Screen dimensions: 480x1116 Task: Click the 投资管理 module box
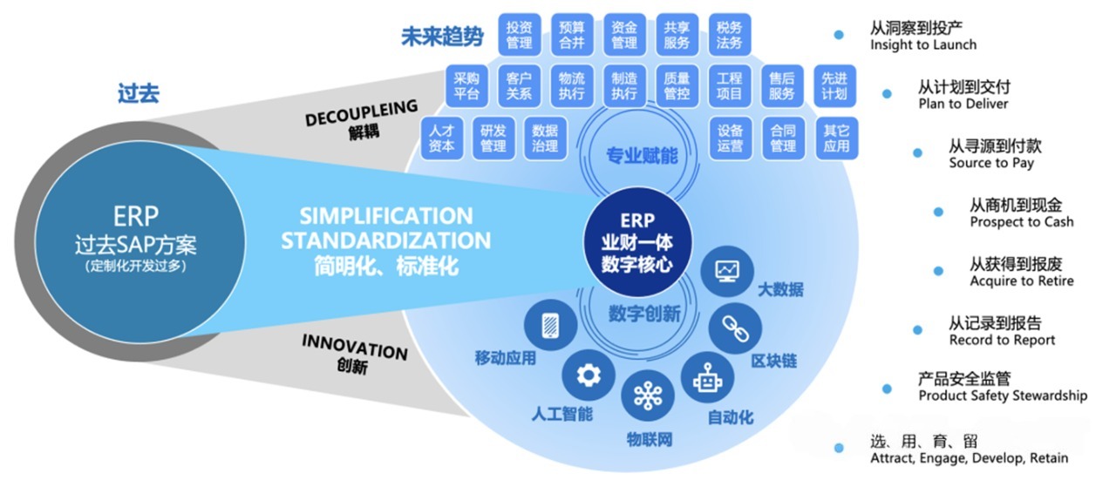(x=520, y=34)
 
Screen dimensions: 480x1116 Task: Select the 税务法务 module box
(x=729, y=34)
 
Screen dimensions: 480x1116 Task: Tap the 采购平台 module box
(x=466, y=85)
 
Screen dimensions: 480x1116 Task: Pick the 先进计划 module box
(x=834, y=85)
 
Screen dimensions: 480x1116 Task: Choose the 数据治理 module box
(x=545, y=138)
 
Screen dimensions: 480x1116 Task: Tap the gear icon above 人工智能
(x=589, y=375)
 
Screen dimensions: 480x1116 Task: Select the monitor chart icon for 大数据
(x=727, y=270)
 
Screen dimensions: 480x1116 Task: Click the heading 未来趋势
(x=441, y=37)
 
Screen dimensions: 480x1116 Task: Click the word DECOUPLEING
(x=362, y=118)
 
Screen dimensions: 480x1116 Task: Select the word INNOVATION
(x=355, y=346)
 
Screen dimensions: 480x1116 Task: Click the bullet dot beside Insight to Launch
(x=839, y=35)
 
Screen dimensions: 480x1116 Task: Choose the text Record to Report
(x=1002, y=340)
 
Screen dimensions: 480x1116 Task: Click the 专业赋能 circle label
(x=642, y=156)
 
